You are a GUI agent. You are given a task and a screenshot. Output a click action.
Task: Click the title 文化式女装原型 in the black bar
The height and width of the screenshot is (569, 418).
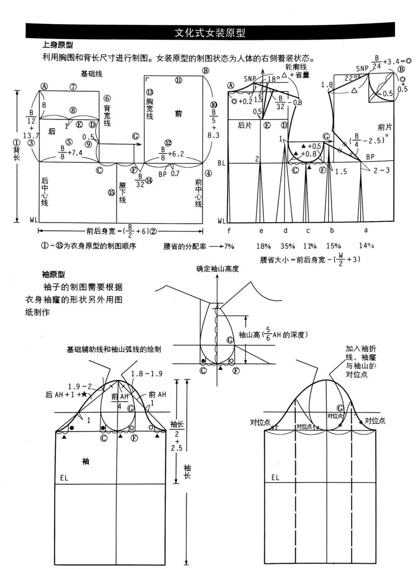(210, 32)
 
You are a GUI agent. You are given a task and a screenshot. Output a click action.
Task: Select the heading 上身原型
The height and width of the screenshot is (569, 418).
(58, 45)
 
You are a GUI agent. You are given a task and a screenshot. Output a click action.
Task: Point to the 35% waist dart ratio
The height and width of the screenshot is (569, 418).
(288, 246)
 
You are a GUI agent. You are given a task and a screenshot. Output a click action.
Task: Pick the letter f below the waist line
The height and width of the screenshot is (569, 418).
(229, 231)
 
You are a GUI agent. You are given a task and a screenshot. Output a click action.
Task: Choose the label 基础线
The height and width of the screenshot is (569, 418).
(91, 74)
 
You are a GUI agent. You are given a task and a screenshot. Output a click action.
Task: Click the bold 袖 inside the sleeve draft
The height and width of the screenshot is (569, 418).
(86, 461)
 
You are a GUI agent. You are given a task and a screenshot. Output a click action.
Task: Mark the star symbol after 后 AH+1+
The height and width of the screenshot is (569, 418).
(84, 394)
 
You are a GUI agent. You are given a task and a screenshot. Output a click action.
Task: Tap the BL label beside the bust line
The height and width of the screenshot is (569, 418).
(222, 163)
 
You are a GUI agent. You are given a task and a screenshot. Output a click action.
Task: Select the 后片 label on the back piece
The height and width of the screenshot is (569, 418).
(245, 126)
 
